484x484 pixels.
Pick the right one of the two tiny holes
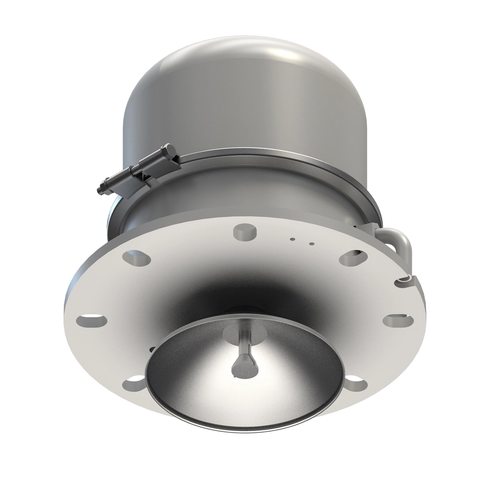click(x=311, y=244)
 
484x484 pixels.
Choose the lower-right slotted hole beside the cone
click(x=357, y=382)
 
